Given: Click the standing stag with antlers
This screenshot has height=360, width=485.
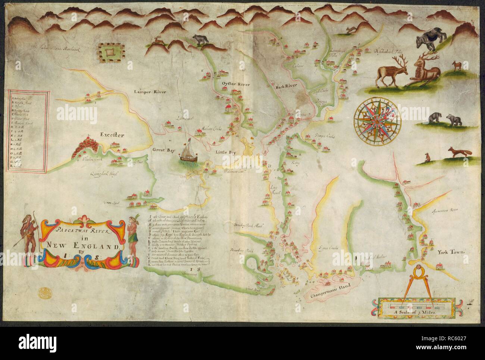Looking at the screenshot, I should click(x=391, y=71).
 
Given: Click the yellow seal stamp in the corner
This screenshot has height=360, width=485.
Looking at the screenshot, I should click(x=43, y=291).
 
